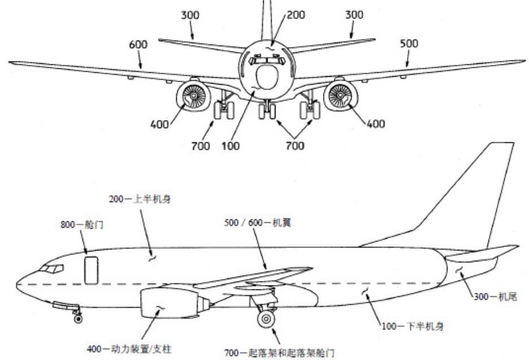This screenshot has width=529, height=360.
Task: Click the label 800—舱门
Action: (x=82, y=225)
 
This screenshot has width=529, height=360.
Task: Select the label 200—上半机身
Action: (x=139, y=199)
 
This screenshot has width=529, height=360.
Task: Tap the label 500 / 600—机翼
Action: (x=257, y=222)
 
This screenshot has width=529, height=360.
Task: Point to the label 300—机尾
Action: (x=495, y=297)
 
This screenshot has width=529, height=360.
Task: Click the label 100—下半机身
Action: (x=413, y=326)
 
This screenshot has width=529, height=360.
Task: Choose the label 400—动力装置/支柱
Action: (x=129, y=349)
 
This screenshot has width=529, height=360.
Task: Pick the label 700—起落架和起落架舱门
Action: (x=279, y=353)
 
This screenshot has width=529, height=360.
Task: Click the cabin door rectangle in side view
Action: (x=91, y=270)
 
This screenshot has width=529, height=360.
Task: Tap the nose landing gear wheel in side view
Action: (x=78, y=319)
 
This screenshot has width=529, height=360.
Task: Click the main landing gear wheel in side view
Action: (x=266, y=319)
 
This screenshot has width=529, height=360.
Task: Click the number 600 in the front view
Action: (x=138, y=45)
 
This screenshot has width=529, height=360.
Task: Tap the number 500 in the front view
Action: (x=409, y=43)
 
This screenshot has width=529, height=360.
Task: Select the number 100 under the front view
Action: (x=230, y=146)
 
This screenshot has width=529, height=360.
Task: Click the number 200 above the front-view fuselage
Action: (x=296, y=15)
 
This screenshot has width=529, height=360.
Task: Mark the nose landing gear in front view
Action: (x=267, y=110)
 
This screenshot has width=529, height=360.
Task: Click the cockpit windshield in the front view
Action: (x=267, y=60)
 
